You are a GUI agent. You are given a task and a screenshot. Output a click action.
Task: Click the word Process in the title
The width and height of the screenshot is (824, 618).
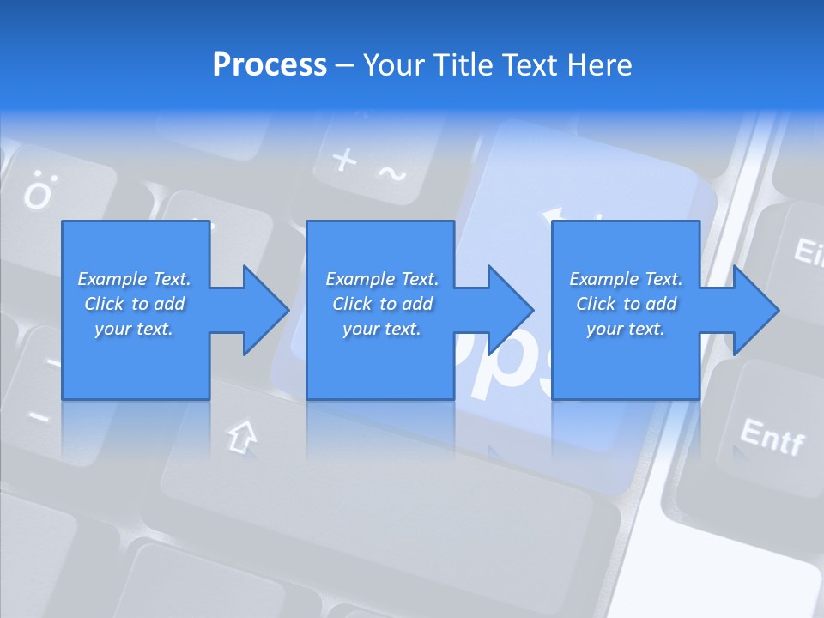[x=270, y=65]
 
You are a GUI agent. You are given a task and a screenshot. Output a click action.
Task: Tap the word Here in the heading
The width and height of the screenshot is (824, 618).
[x=597, y=65]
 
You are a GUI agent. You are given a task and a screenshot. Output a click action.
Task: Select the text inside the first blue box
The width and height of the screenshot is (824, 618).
[x=134, y=304]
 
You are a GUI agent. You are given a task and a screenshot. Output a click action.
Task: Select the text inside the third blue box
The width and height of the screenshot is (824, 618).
[x=626, y=304]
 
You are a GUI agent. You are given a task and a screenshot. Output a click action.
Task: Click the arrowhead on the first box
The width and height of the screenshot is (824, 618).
[x=266, y=310]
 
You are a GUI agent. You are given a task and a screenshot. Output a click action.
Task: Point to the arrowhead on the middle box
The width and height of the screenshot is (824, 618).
[x=511, y=310]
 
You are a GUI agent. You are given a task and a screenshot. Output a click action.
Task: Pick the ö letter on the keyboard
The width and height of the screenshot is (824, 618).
[x=37, y=194]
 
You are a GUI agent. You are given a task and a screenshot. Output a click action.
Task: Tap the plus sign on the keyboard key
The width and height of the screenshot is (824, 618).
[x=344, y=160]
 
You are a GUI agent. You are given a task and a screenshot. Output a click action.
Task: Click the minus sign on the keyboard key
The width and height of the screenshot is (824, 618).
[x=39, y=418]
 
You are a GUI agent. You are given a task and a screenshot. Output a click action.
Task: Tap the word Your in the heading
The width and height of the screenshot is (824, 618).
[x=393, y=65]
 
